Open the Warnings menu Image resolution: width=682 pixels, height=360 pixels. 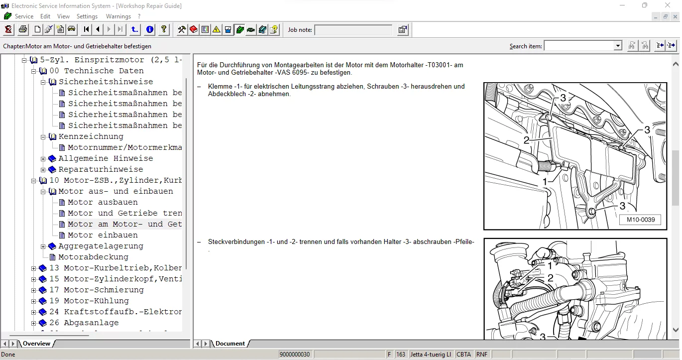[x=118, y=16]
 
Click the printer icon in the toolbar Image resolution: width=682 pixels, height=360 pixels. [x=23, y=29]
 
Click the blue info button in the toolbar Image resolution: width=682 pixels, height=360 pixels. [x=149, y=29]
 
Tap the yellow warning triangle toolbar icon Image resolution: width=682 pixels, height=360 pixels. [x=217, y=29]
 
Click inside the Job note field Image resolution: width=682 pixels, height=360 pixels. [x=353, y=30]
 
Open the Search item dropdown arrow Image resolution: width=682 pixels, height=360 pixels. [x=617, y=46]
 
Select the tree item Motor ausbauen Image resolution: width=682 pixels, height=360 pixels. [x=103, y=202]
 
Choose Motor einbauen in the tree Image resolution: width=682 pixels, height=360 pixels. [x=103, y=235]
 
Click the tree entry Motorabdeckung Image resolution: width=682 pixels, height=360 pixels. [x=93, y=257]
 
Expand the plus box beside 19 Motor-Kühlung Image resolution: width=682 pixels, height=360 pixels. [x=34, y=301]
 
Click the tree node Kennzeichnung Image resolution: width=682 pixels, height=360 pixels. [x=91, y=136]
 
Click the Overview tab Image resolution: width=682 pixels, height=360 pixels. [x=36, y=344]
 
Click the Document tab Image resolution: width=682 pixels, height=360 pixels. [x=230, y=344]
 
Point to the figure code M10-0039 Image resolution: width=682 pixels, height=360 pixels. [x=641, y=220]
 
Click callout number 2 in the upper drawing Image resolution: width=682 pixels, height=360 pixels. [x=526, y=140]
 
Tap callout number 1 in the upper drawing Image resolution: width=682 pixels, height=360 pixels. [x=545, y=182]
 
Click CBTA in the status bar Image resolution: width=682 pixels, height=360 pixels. [x=463, y=354]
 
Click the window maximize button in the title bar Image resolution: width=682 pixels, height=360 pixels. [x=645, y=5]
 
